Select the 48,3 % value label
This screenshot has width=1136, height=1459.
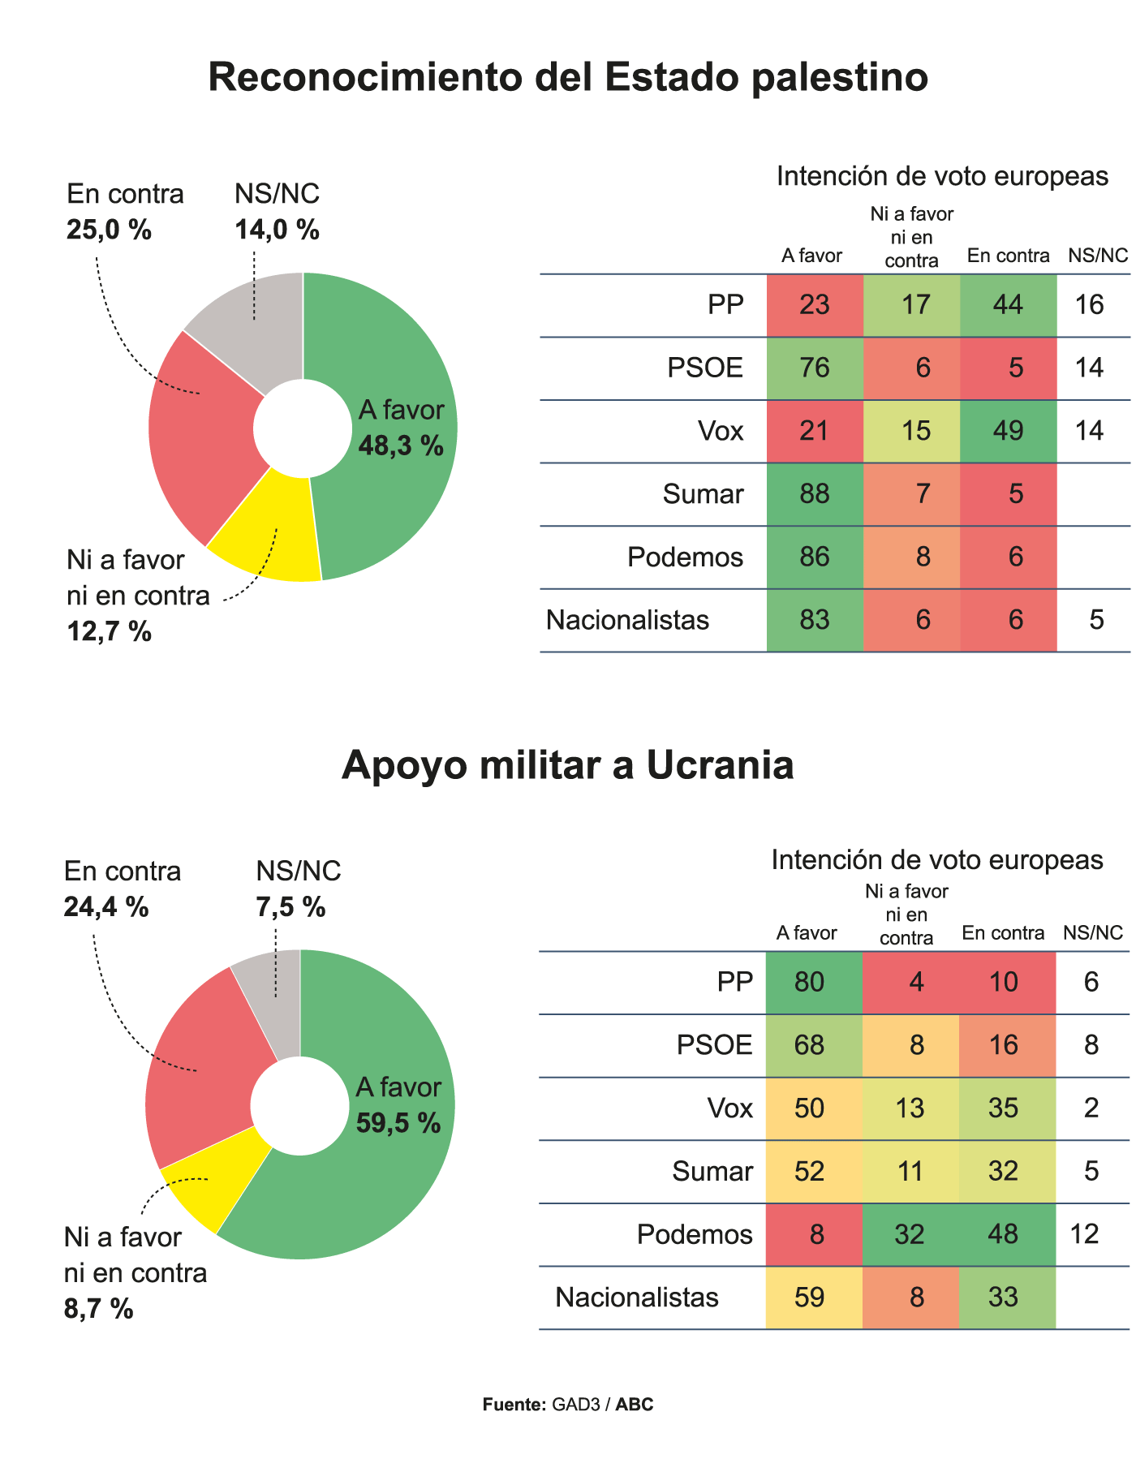click(x=401, y=445)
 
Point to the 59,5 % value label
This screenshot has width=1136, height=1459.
click(x=398, y=1122)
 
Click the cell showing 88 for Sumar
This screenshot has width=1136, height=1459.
click(x=814, y=494)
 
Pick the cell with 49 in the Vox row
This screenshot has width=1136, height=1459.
click(x=1008, y=431)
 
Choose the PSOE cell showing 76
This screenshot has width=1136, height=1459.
click(x=814, y=368)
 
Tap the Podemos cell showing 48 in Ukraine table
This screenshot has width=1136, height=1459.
click(x=1004, y=1234)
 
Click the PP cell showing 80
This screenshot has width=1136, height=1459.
click(x=810, y=983)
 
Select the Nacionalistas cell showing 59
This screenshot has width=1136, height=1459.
click(x=810, y=1298)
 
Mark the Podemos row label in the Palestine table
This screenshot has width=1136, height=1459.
click(x=685, y=557)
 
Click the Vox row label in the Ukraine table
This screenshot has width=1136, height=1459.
click(x=730, y=1108)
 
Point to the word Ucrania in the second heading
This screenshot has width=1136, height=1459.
click(x=720, y=765)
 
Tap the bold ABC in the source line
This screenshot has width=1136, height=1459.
click(x=635, y=1405)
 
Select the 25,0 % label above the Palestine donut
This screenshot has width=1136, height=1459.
click(x=109, y=230)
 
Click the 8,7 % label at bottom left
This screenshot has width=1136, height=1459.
click(x=98, y=1309)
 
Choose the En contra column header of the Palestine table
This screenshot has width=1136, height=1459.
click(x=1008, y=256)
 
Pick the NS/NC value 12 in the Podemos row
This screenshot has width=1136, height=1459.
click(x=1085, y=1234)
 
